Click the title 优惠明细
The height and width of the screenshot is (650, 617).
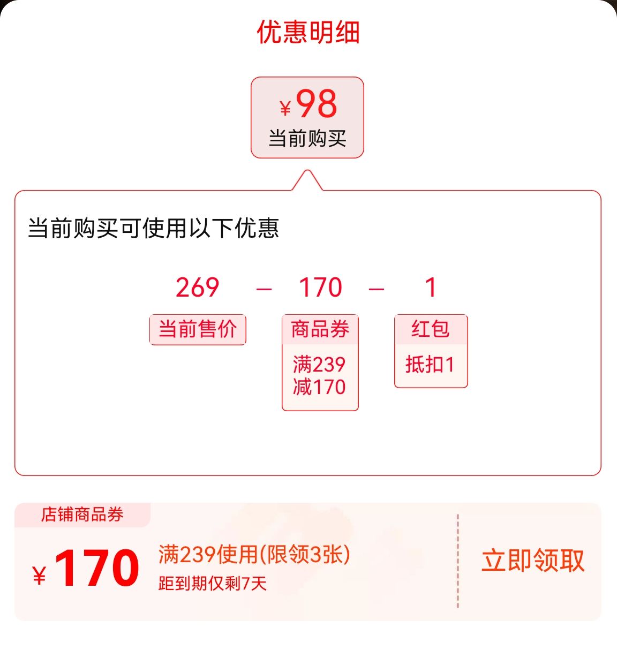coord(308,32)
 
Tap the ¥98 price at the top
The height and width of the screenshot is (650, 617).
coord(308,104)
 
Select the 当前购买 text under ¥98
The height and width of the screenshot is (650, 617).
coord(307,138)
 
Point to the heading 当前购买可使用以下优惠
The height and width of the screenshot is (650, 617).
coord(153,228)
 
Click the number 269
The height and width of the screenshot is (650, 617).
coord(198,287)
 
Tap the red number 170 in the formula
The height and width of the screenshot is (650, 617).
coord(320,287)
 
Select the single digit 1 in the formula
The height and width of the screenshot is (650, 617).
coord(431,287)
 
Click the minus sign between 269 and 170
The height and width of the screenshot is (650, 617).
coord(264,289)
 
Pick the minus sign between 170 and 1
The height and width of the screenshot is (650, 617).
coord(376,289)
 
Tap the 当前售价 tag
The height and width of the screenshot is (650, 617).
coord(198,330)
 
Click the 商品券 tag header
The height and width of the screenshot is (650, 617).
coord(320,329)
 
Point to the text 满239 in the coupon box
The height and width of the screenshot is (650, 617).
coord(319,364)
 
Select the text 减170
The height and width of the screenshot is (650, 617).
coord(319,387)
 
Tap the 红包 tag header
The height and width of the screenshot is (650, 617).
coord(431,329)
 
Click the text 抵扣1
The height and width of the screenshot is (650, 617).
coord(430,364)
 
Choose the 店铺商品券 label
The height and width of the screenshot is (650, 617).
coord(82,515)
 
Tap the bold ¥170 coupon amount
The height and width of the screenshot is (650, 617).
coord(86,568)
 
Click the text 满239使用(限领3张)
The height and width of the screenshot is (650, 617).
coord(254,555)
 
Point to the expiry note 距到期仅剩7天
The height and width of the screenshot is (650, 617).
coord(213,583)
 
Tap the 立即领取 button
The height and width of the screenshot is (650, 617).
coord(533,561)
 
